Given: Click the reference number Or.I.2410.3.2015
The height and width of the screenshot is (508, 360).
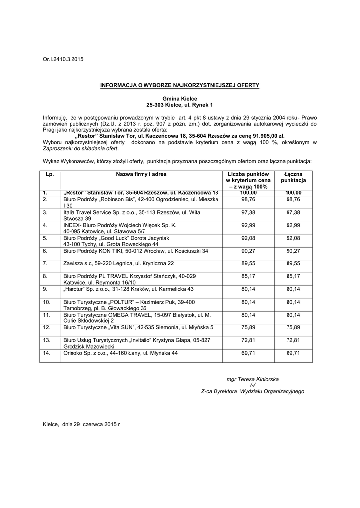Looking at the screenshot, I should pyautogui.click(x=64, y=60).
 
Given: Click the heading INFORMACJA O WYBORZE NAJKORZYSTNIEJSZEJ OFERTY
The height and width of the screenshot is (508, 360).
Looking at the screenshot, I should pyautogui.click(x=180, y=85).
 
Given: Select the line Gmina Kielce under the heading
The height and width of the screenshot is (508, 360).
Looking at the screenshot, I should pyautogui.click(x=180, y=99).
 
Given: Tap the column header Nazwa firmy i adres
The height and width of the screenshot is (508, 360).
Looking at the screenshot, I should pyautogui.click(x=142, y=174).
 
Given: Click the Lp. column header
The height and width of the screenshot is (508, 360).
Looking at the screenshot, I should pyautogui.click(x=49, y=174).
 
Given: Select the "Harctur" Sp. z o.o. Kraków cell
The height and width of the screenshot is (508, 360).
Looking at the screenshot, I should pyautogui.click(x=129, y=289).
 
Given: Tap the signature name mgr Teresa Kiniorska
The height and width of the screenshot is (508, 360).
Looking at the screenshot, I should pyautogui.click(x=252, y=379).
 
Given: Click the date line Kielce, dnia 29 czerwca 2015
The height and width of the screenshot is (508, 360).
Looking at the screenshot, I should pyautogui.click(x=81, y=425).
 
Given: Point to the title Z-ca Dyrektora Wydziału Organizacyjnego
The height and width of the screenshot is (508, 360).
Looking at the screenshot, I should pyautogui.click(x=252, y=391).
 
